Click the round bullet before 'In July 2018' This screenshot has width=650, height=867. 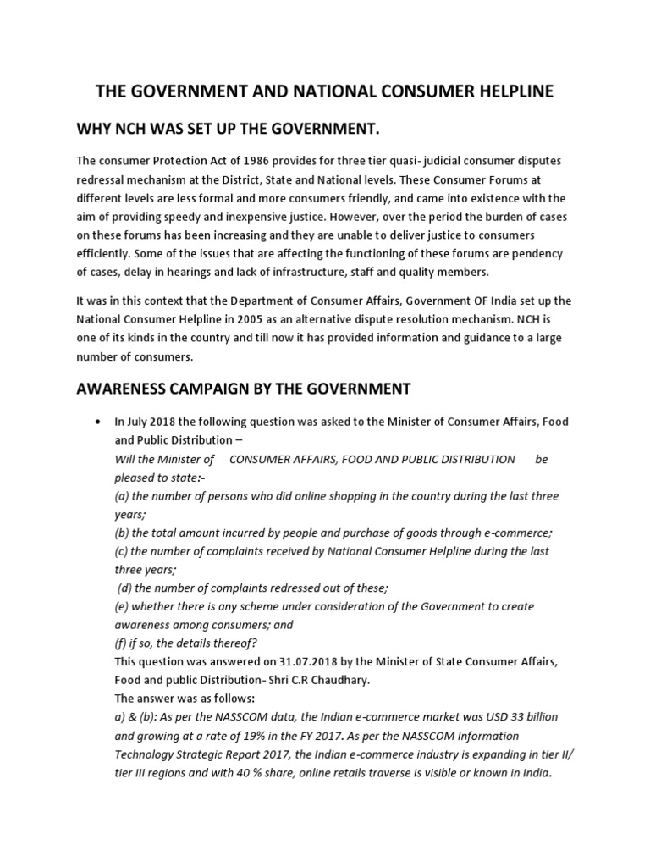[101, 422]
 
